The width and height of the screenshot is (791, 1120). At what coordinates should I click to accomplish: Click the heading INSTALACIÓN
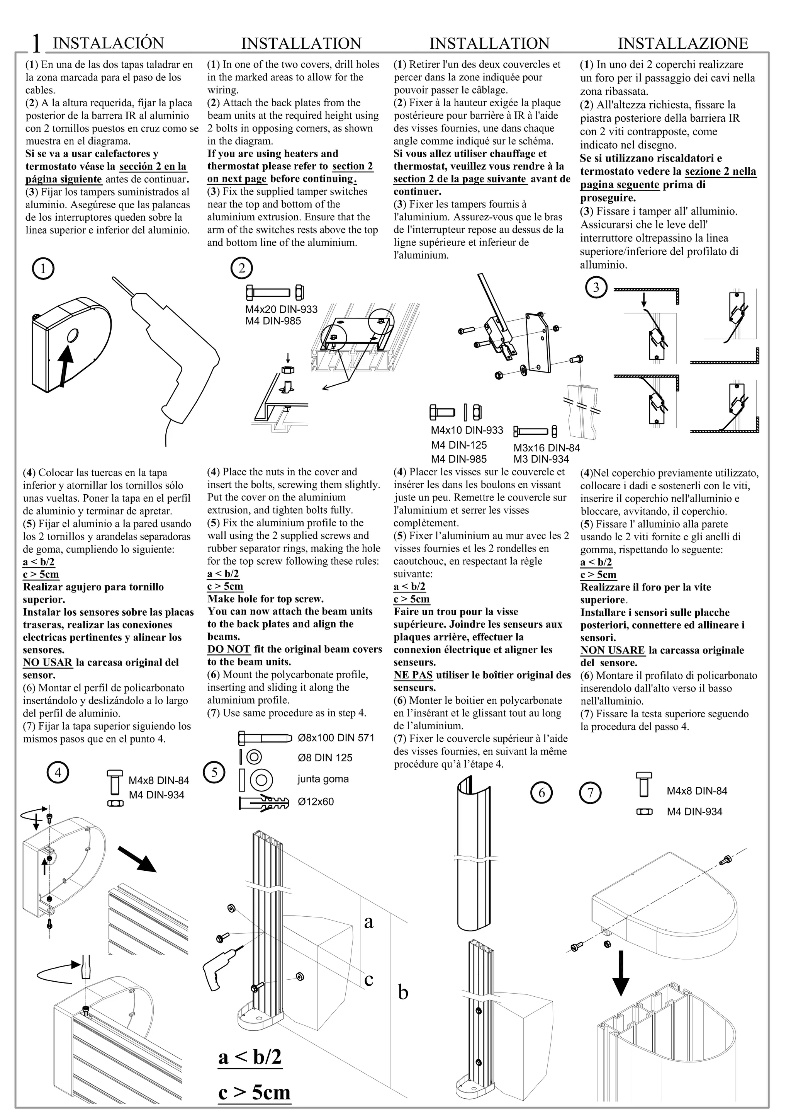point(108,43)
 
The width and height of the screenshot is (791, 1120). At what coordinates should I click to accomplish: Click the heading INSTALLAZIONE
point(682,43)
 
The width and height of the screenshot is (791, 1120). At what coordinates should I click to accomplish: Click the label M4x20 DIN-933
point(281,309)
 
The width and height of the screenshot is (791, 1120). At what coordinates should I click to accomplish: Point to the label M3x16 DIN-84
point(547,448)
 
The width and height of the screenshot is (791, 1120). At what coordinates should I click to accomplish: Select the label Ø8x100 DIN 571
point(336,737)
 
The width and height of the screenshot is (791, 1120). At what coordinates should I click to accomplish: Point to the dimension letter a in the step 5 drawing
point(369,921)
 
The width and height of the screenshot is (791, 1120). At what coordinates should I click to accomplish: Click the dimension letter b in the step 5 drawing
point(403,992)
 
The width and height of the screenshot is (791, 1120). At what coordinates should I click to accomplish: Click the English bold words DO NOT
point(229,649)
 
